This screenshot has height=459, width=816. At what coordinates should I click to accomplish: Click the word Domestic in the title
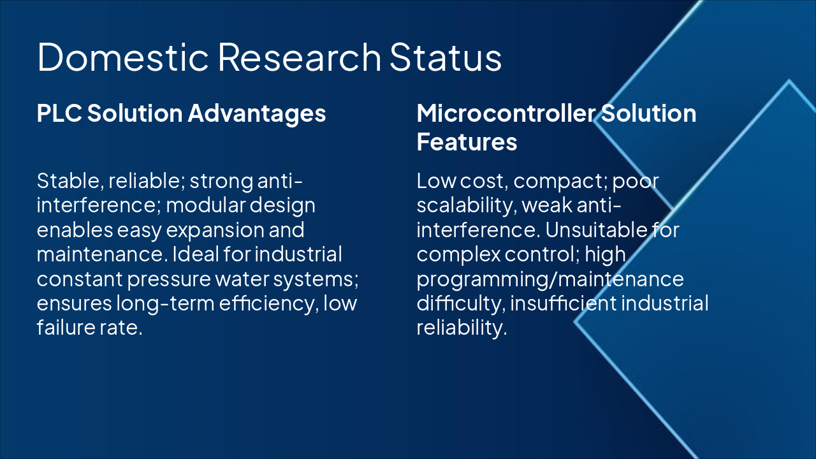click(x=123, y=57)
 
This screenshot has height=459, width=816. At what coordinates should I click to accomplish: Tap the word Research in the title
click(x=299, y=57)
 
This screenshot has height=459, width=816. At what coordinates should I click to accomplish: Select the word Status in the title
click(x=446, y=57)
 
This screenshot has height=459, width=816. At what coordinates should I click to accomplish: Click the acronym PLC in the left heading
click(x=58, y=113)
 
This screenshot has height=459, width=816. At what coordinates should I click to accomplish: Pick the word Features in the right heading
click(x=467, y=142)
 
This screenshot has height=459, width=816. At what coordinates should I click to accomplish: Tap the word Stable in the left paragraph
click(x=67, y=181)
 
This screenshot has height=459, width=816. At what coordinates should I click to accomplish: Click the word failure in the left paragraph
click(x=62, y=327)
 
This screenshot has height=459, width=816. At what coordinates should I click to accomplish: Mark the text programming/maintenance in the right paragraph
click(x=550, y=279)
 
